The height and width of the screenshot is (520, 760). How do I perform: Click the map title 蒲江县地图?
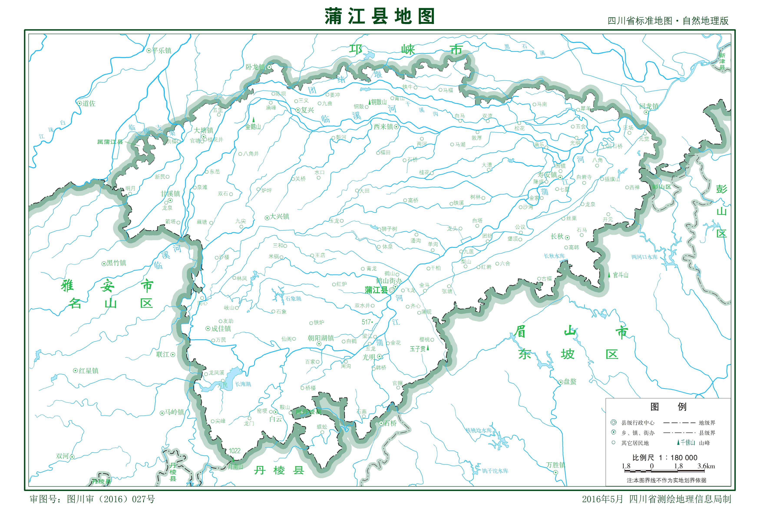[x=379, y=16]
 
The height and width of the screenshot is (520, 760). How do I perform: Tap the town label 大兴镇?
[x=279, y=217]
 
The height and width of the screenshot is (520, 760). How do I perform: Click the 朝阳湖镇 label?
[x=321, y=338]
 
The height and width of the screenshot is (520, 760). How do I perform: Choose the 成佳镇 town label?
[x=221, y=329]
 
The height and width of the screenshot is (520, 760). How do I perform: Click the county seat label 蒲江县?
[x=376, y=290]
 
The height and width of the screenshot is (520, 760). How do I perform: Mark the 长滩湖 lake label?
[x=243, y=384]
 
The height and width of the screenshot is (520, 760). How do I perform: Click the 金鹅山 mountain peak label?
[x=253, y=127]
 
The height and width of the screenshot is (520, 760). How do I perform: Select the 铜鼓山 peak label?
[x=379, y=102]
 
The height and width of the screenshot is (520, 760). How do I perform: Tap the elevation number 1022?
[x=235, y=451]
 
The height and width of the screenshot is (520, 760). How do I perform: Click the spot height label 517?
[x=367, y=322]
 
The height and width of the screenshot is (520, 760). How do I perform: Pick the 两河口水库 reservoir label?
[x=644, y=257]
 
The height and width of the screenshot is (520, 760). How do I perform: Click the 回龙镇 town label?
[x=649, y=106]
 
